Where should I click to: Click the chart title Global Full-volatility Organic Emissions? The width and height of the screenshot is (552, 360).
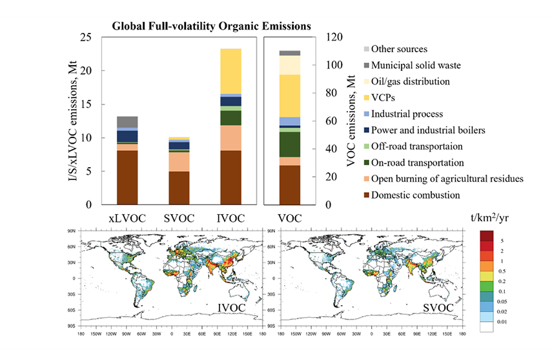pos(212,26)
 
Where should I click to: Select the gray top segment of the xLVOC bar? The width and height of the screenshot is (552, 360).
pos(127,122)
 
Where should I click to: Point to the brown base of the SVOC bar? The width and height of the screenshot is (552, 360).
pos(179,188)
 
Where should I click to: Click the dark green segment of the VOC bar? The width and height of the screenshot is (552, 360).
pos(290,144)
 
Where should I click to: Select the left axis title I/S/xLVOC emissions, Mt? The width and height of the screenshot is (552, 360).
pos(76,121)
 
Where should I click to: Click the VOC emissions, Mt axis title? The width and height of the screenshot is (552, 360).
pos(351,121)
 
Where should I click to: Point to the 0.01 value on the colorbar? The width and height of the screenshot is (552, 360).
pos(508,321)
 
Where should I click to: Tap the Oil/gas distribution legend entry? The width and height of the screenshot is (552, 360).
pos(414,82)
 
